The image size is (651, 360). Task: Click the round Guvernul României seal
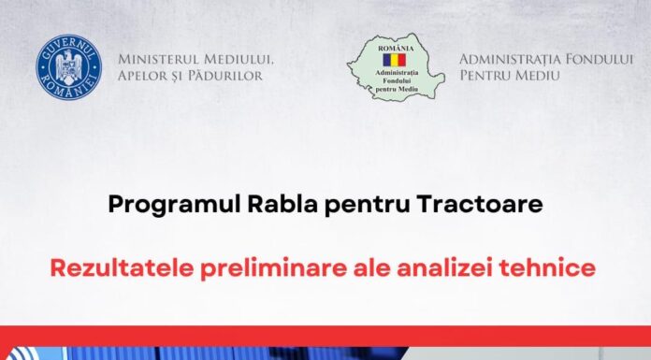[68, 67]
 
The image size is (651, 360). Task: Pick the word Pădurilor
[228, 75]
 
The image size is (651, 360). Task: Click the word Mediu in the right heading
[541, 75]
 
